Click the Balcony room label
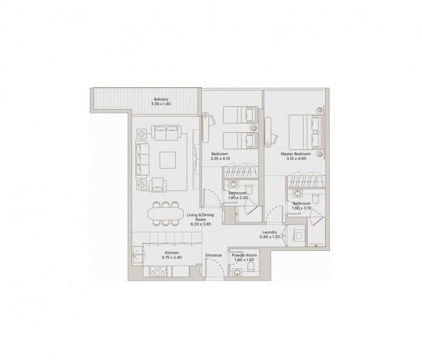tap(161, 99)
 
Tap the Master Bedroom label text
tap(296, 154)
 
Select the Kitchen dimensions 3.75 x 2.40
tap(172, 257)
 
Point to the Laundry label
tap(269, 232)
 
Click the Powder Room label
tap(244, 255)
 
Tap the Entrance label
tap(214, 255)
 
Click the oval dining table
tap(165, 214)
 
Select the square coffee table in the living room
tap(167, 160)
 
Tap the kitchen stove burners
tap(158, 271)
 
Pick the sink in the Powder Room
tap(237, 273)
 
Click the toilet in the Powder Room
tap(251, 268)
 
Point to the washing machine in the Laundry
tap(298, 236)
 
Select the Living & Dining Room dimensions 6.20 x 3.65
tap(201, 224)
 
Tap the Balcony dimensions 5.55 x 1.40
tap(161, 103)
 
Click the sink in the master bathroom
tap(298, 193)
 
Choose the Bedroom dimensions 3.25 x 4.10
tap(220, 159)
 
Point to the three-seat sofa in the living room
tap(142, 160)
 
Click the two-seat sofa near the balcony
tap(166, 133)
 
